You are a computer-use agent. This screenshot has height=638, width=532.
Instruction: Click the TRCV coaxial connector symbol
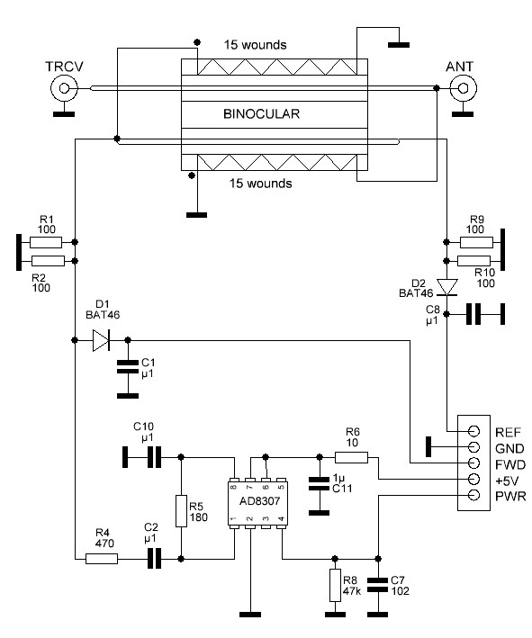coord(64,88)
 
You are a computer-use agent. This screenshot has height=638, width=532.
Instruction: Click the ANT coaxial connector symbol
coord(463,88)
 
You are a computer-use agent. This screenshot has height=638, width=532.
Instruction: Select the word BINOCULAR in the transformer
coord(261,113)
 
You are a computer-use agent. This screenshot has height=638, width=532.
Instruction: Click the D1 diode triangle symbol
coord(101,340)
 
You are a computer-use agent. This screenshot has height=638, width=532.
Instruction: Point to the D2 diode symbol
coord(446,287)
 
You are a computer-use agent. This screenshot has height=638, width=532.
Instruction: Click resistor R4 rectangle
coord(102,559)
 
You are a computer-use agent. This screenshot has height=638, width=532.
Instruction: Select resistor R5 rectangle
coord(182,511)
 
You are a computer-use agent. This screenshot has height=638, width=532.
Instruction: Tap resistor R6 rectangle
coord(351,457)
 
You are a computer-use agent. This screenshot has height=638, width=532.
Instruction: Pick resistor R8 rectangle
coord(335,585)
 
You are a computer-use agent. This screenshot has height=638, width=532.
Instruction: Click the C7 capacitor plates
coord(378,585)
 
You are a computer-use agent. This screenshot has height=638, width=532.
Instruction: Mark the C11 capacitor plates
coord(320,483)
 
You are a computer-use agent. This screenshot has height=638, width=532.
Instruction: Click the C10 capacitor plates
coord(154,457)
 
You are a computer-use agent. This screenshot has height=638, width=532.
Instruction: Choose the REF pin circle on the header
coord(473,431)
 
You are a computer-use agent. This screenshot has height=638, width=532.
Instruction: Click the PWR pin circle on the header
coord(473,495)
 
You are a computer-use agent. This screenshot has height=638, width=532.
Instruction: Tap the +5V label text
coord(507,481)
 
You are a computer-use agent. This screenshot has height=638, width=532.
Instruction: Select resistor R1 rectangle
coord(46,242)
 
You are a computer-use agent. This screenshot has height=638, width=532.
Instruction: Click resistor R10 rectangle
coord(473,261)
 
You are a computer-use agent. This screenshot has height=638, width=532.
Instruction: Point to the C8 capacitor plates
coord(473,314)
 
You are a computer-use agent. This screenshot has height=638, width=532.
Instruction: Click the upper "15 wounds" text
coord(256,45)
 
